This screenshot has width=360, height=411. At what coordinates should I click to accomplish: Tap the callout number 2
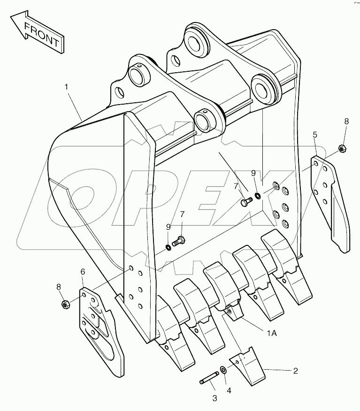coord(295,371)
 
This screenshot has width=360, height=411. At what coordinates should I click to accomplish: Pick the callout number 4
coord(229,390)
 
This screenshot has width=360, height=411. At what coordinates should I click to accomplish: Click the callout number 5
coord(315,135)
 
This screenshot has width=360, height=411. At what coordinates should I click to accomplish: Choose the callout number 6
coord(83,271)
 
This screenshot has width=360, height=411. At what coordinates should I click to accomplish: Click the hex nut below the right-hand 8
coord(342,149)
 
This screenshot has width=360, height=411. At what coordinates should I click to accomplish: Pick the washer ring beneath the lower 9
coord(169,247)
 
